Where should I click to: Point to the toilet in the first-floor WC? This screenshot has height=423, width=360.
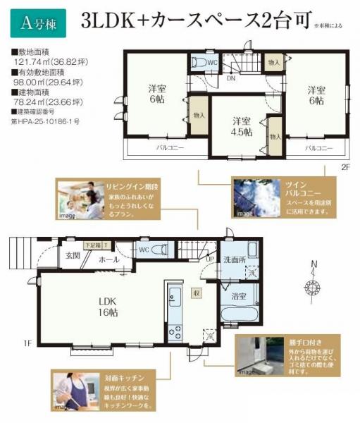coord(159,249)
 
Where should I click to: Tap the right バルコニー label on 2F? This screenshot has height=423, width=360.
coord(319,149)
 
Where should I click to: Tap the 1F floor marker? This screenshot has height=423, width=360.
coord(27,343)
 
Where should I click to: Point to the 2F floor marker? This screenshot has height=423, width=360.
coord(345,168)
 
